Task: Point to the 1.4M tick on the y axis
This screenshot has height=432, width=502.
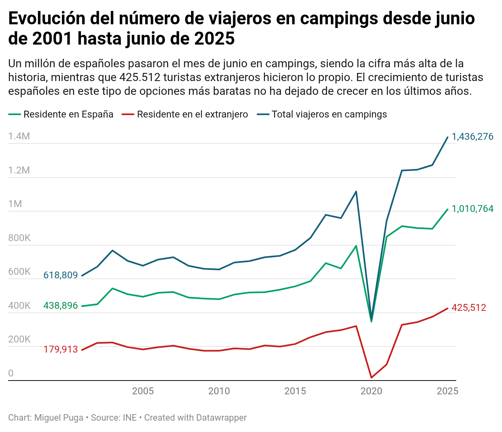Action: click(x=19, y=136)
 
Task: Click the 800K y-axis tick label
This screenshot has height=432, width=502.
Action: click(x=19, y=238)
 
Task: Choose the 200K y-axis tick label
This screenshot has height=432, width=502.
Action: click(x=19, y=339)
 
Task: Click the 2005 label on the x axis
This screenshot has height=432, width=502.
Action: click(x=143, y=391)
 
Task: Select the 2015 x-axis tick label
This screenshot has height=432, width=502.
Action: click(x=295, y=391)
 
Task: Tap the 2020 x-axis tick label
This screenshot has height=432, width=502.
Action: click(x=371, y=391)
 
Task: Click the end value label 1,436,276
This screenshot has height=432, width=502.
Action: click(x=472, y=137)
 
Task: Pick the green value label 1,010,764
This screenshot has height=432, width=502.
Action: click(x=472, y=209)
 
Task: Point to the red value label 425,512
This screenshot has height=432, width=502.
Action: click(x=469, y=308)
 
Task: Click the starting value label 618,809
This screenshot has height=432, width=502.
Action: click(x=60, y=276)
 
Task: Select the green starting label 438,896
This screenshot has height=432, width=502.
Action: click(x=60, y=306)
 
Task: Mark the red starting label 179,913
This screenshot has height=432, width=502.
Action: click(x=60, y=349)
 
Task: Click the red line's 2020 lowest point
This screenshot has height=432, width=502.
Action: click(x=371, y=378)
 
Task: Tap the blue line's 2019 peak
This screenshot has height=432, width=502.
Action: click(x=356, y=191)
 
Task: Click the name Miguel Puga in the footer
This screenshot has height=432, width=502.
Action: click(x=59, y=418)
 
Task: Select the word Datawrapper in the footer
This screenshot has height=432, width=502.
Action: click(x=221, y=418)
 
